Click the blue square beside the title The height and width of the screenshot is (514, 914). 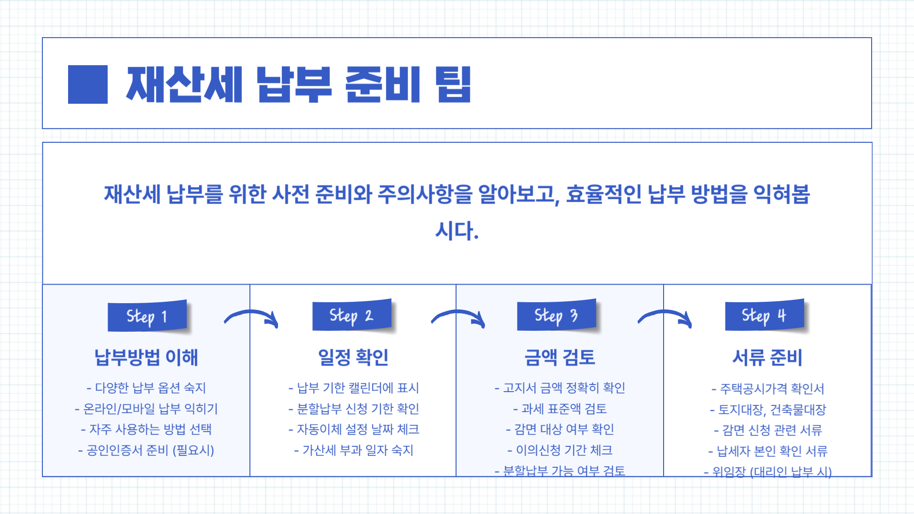tap(88, 84)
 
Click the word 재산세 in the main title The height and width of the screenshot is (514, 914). tap(184, 84)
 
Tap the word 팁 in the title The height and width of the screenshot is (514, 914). tap(453, 84)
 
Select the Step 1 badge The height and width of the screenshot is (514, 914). tap(147, 316)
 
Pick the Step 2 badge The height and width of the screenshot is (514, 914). tap(352, 315)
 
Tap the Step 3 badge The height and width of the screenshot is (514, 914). tap(556, 315)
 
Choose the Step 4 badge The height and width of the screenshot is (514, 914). tap(765, 315)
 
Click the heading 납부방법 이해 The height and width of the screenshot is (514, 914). tap(146, 357)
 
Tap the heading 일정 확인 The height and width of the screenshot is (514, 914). tap(353, 357)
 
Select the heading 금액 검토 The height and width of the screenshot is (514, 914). tap(560, 357)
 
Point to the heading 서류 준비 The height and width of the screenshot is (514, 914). tap(767, 357)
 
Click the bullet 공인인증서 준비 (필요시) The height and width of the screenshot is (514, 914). tap(146, 450)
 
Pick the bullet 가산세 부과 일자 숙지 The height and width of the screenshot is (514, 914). tap(354, 450)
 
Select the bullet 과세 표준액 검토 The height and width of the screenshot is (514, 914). tap(560, 409)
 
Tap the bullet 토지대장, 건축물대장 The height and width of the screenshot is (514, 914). tap(768, 410)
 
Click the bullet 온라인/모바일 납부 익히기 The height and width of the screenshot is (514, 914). tap(146, 409)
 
